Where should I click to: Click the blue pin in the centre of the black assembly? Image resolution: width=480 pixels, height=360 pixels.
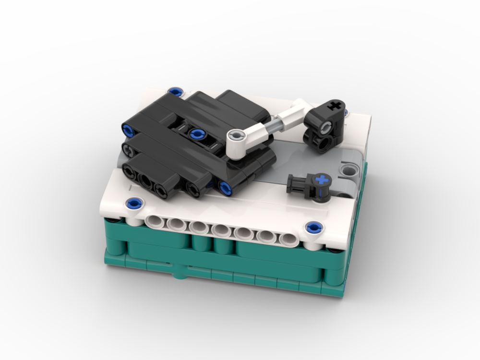(x=195, y=134)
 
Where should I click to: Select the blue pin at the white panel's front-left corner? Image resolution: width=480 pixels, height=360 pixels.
(x=135, y=204)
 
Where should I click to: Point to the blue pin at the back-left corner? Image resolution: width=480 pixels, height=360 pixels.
(x=176, y=91)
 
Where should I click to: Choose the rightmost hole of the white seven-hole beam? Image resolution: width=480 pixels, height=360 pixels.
(x=288, y=239)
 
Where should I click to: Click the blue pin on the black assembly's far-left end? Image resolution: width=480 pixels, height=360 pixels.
(x=128, y=130)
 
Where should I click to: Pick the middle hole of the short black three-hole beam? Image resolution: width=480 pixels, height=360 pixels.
(x=145, y=180)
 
